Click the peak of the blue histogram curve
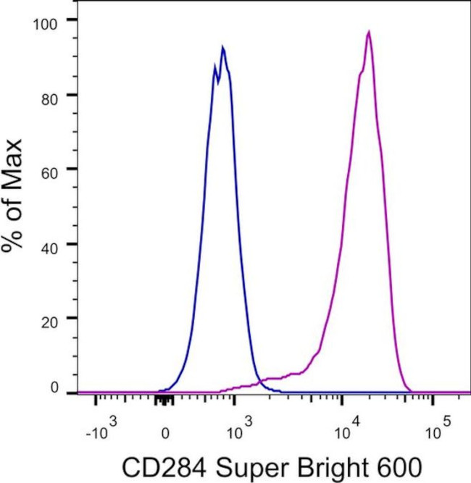[222, 48]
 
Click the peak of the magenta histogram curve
[369, 32]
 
